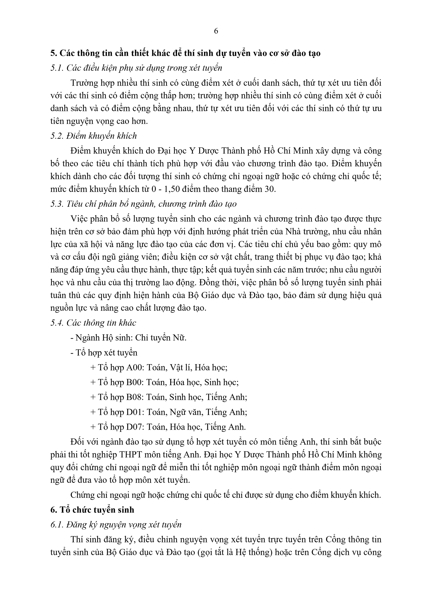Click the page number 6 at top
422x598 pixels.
(x=216, y=31)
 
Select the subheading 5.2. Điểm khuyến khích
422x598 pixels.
(x=94, y=136)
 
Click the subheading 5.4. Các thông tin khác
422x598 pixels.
(x=93, y=323)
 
